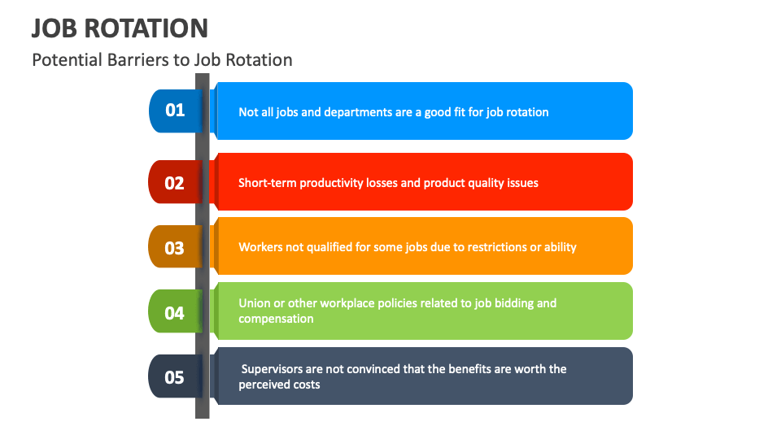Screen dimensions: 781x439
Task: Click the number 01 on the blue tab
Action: click(175, 110)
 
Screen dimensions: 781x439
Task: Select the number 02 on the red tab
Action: click(174, 183)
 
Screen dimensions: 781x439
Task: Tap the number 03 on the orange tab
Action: click(174, 248)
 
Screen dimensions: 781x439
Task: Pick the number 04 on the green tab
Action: click(174, 313)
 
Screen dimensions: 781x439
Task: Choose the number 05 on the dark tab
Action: click(174, 377)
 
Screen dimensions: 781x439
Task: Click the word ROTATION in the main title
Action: click(146, 28)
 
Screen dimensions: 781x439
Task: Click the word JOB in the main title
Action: click(55, 28)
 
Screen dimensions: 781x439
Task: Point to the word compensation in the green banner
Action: click(276, 319)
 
